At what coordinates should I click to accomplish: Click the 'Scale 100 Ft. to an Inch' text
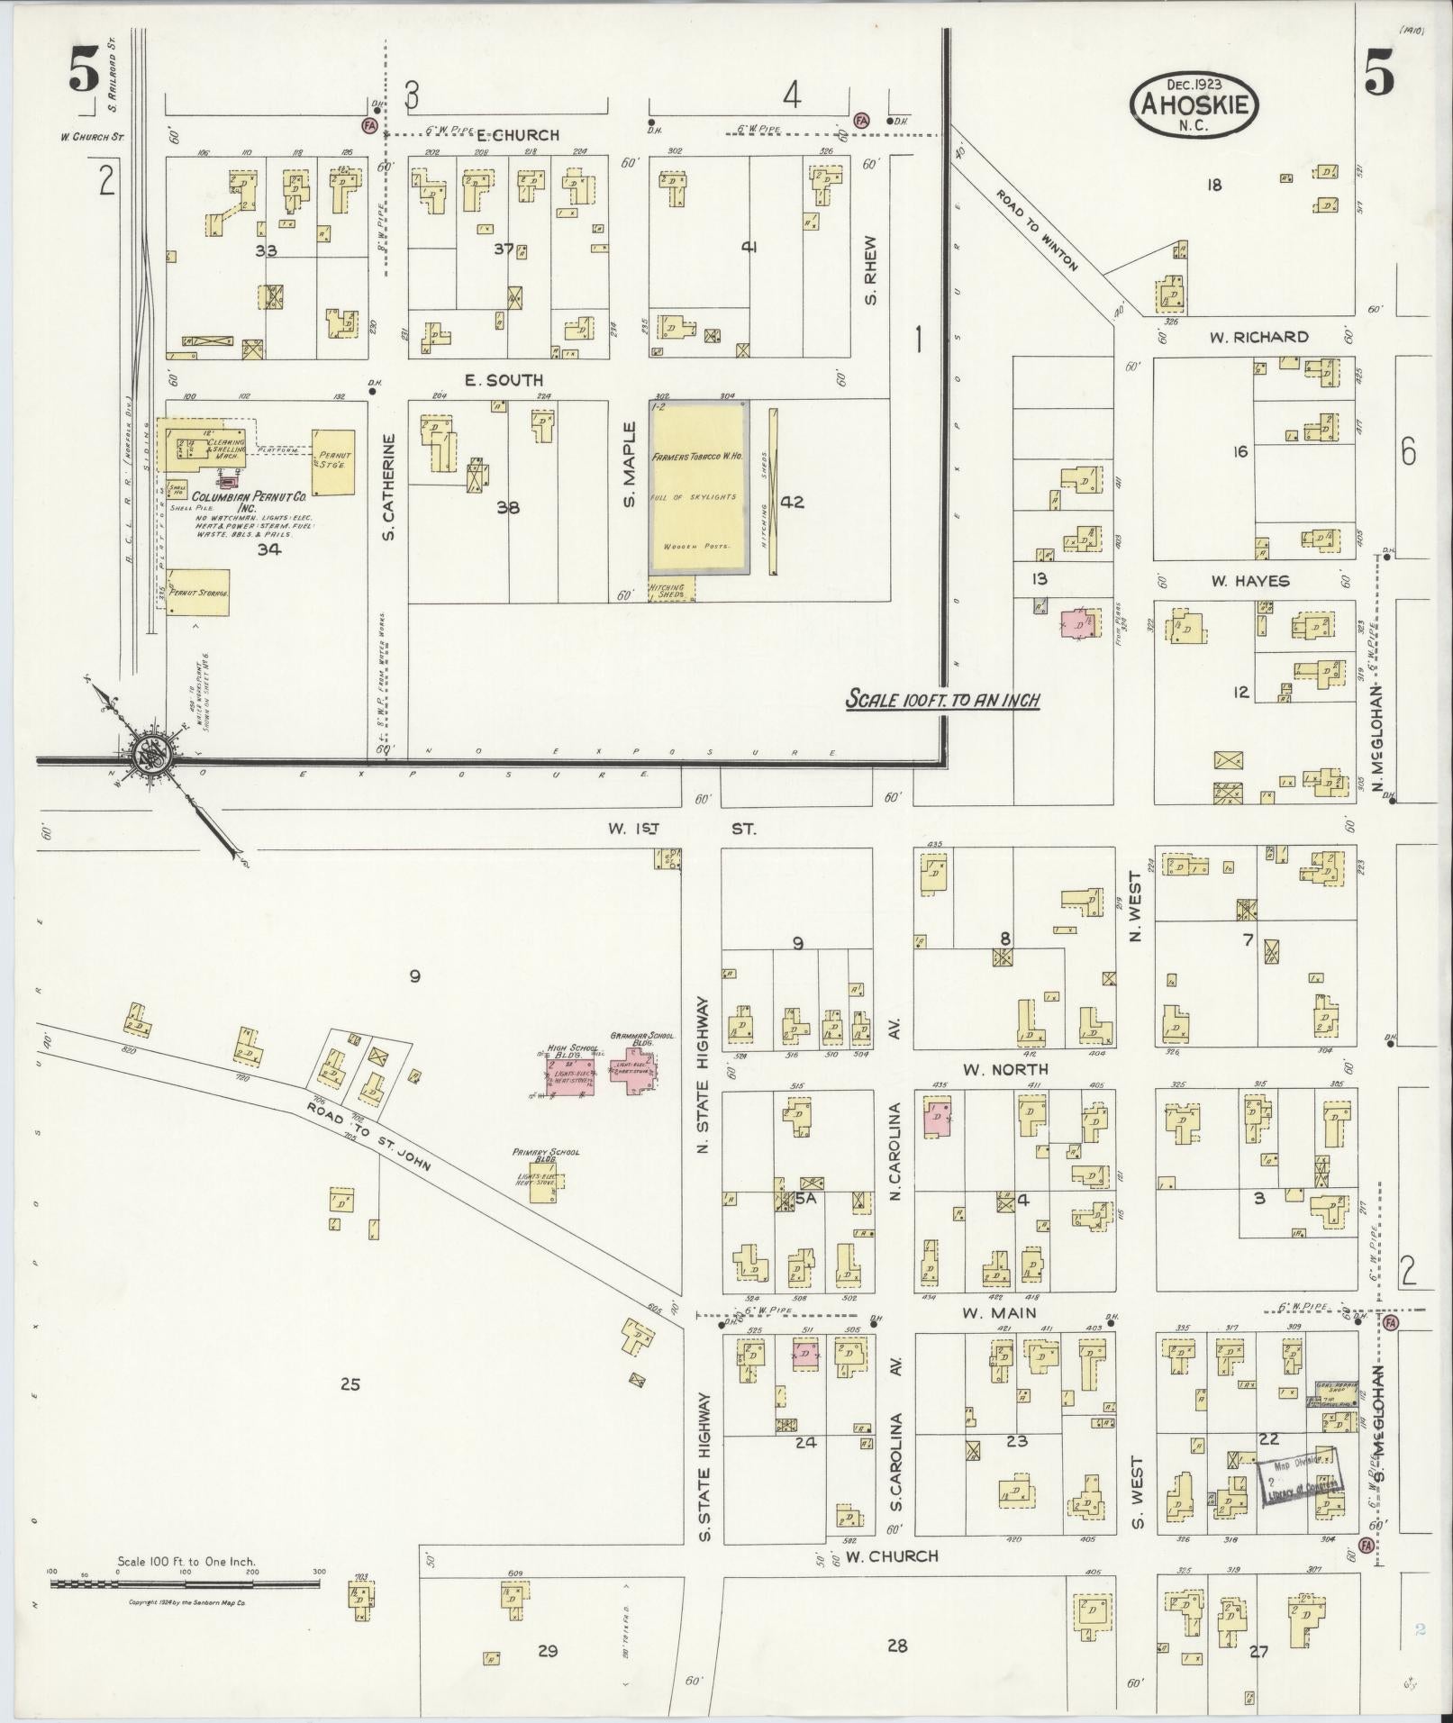942,700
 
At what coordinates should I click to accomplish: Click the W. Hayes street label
1249,581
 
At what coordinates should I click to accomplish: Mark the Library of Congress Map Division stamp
1297,1478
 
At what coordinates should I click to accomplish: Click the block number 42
792,502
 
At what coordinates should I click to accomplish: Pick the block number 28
896,1646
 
